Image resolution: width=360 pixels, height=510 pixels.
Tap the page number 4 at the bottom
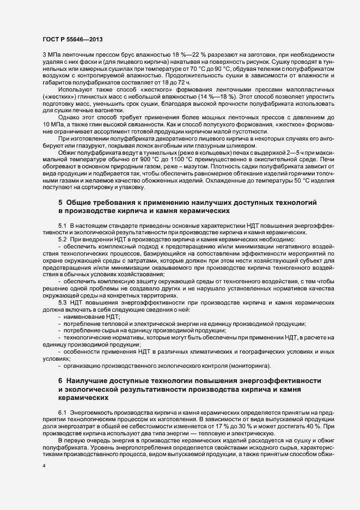point(44,465)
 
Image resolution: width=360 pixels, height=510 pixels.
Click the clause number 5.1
point(63,226)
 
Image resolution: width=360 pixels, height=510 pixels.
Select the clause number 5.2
point(63,240)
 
